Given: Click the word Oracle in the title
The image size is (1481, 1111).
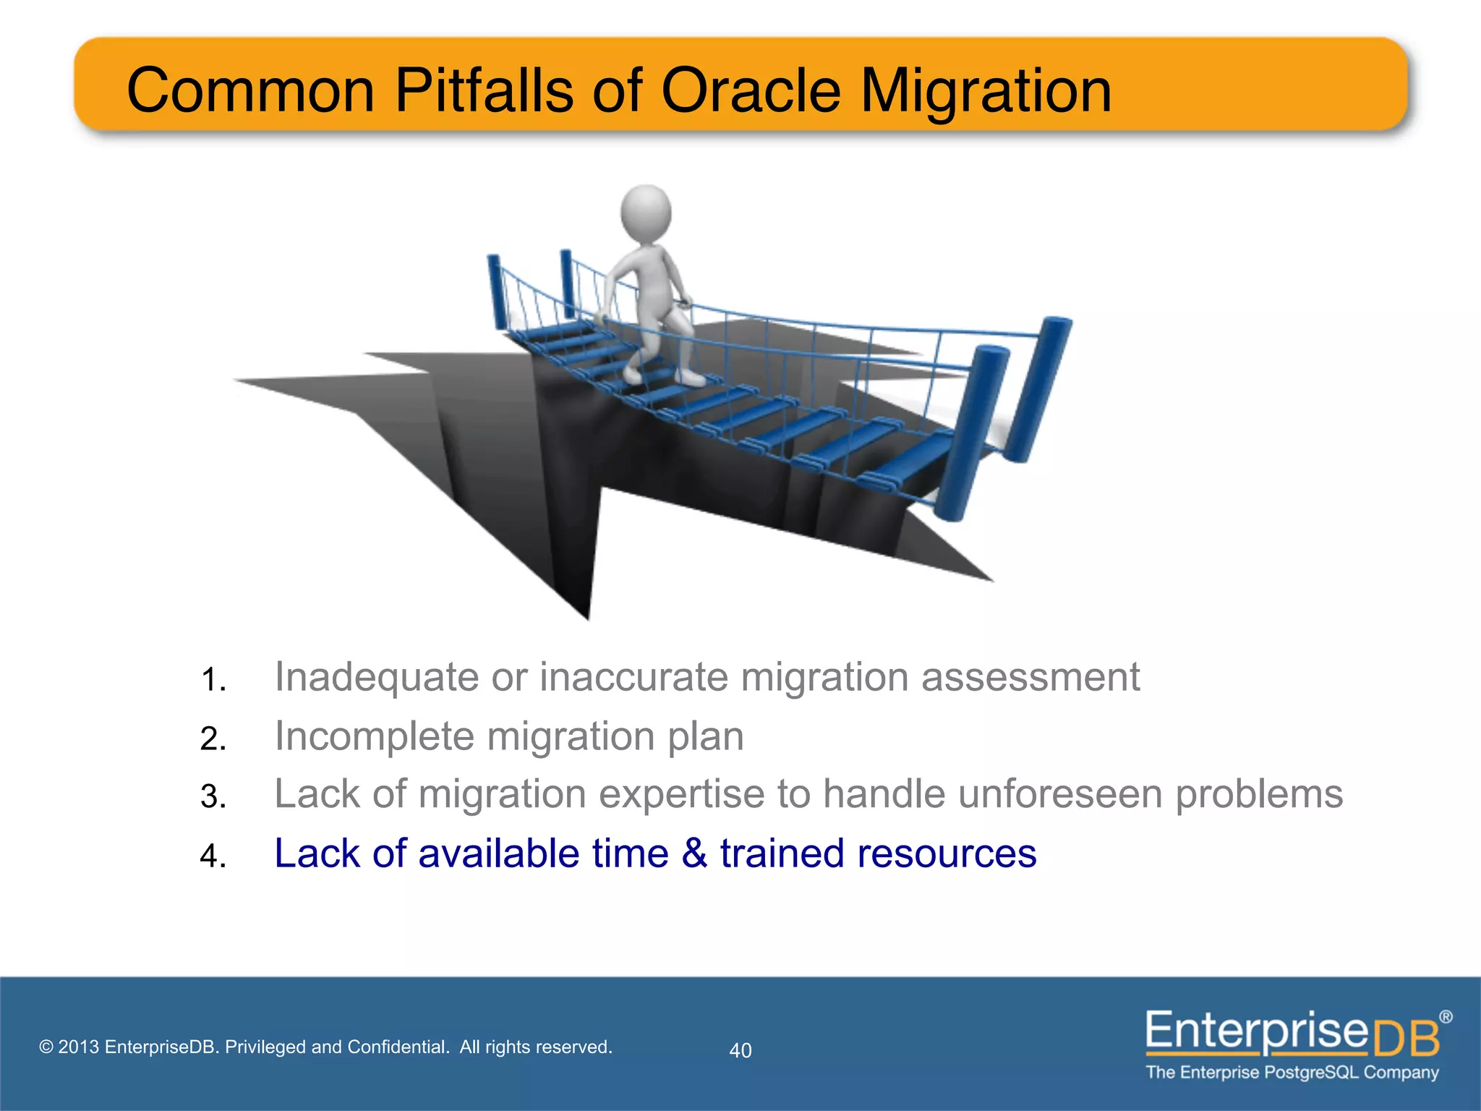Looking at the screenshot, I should click(751, 90).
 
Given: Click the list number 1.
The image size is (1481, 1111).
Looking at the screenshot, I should click(211, 680).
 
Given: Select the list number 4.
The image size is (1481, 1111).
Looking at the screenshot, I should click(211, 856).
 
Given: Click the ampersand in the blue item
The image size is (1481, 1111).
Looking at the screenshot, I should click(694, 854).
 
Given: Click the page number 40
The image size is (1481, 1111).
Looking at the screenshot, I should click(740, 1050).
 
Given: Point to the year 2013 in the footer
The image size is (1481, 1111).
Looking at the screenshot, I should click(78, 1047).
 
